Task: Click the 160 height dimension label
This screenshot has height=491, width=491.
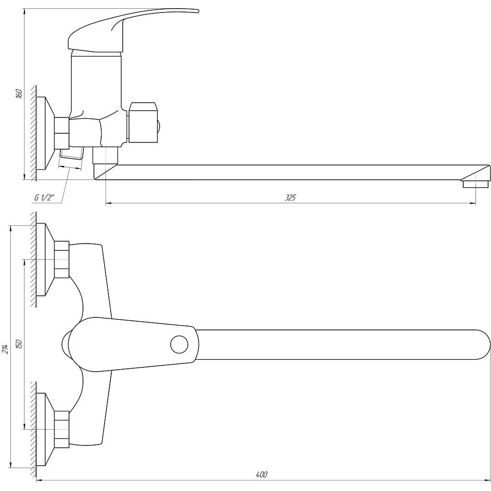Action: (19, 94)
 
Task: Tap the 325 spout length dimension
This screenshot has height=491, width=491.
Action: (290, 198)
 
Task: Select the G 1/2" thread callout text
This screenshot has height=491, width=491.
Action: (44, 198)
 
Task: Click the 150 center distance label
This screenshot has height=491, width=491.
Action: (19, 344)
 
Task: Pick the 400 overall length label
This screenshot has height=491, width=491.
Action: (261, 475)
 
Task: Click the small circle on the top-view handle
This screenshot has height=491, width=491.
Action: (179, 344)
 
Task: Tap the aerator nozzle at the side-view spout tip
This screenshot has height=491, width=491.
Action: (475, 184)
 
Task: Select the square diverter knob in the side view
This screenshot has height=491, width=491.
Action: (143, 122)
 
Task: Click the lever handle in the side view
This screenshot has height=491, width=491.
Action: (125, 30)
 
